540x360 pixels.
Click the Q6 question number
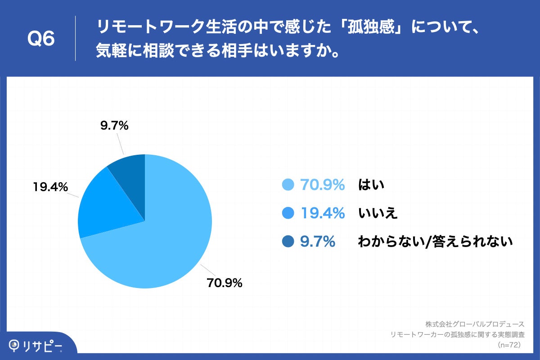tap(41, 39)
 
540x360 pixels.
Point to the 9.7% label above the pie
tap(114, 126)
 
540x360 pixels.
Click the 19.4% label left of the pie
tap(50, 186)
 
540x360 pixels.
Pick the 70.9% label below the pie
tap(225, 283)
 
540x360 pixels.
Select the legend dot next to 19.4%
tap(288, 213)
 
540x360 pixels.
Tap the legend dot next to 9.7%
tap(288, 242)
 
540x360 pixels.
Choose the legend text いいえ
tap(378, 213)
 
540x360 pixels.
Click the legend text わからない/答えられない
tap(435, 242)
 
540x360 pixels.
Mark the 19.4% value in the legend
tap(323, 213)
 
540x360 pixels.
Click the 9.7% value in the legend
tap(318, 242)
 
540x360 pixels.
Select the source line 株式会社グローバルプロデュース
tap(475, 324)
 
